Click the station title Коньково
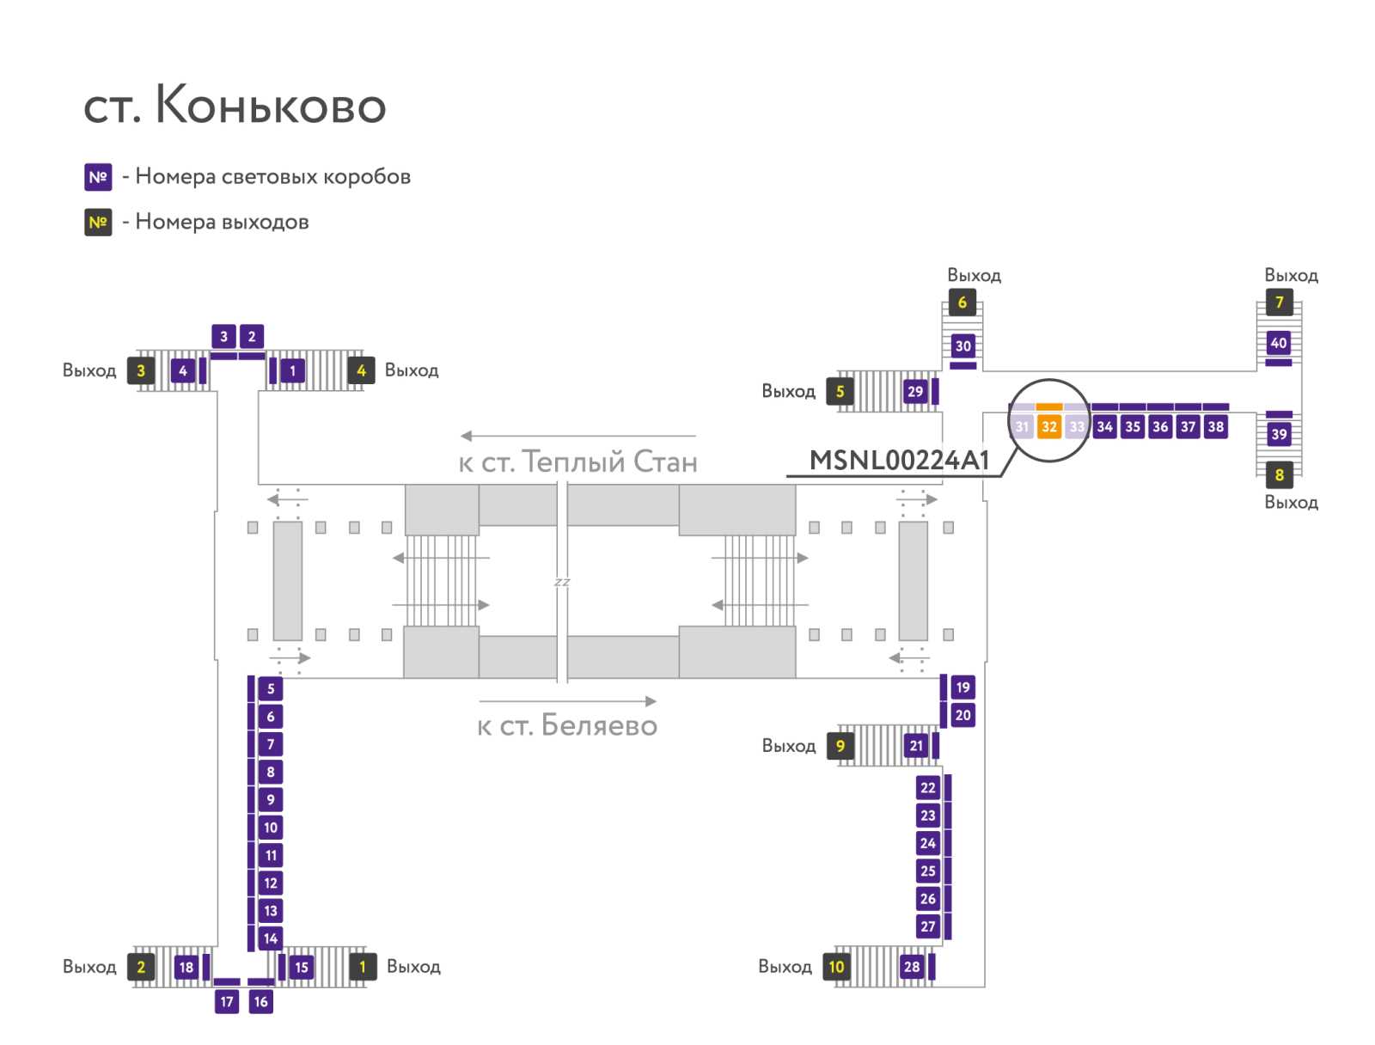235,106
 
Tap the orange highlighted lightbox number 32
1048,426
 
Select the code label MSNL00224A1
899,461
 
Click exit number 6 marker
962,302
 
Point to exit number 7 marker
1279,302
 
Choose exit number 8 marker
1279,474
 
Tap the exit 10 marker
836,967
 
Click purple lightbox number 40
1279,343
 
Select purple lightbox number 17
227,1001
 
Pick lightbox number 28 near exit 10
912,967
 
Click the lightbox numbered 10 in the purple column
271,828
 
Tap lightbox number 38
1215,426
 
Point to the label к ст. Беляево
567,726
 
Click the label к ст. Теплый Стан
577,462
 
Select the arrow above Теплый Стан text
577,437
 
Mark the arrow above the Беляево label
567,701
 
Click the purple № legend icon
98,177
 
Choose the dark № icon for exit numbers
98,223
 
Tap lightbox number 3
223,337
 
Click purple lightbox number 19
962,687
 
